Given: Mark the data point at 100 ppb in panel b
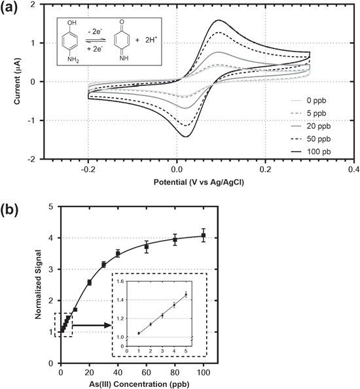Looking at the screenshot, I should point(204,235).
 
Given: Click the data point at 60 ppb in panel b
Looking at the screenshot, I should point(147,246).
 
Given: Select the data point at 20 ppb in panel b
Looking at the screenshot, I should point(90,282).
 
